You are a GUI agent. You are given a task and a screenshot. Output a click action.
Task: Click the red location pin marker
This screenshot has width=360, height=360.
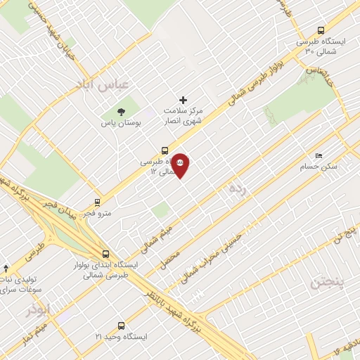click(181, 165)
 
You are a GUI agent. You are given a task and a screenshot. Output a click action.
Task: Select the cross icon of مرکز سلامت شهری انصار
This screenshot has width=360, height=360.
click(184, 100)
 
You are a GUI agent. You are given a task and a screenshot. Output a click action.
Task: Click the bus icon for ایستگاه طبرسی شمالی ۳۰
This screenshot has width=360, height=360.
click(321, 30)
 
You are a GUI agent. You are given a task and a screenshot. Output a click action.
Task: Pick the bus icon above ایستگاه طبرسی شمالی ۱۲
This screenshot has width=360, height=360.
click(165, 150)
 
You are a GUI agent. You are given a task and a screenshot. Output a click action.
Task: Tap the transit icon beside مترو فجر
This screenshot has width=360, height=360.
click(97, 200)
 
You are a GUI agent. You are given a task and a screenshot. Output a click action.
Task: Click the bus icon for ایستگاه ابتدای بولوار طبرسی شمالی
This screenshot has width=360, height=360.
click(105, 254)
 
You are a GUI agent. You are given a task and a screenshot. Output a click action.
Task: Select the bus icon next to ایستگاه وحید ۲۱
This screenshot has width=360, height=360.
click(121, 326)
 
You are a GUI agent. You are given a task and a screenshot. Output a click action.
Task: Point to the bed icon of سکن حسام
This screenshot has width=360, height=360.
click(319, 156)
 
